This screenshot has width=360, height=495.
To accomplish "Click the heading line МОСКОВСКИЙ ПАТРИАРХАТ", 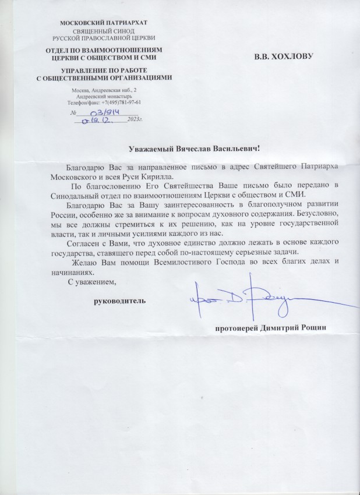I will pos(104,23).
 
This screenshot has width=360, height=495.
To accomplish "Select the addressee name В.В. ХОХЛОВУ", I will pos(284,57).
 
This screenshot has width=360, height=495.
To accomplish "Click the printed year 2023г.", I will pos(135,121).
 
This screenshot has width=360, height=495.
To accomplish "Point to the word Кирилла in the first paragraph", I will pos(158,176).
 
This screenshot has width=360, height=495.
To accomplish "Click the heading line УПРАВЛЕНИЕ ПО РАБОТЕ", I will pos(104,70).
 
